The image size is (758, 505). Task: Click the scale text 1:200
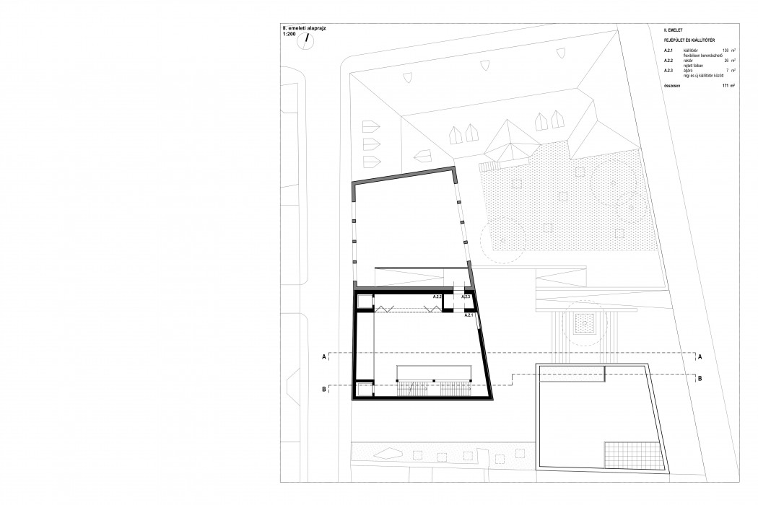click(290, 33)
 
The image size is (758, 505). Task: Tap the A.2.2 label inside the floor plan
click(437, 297)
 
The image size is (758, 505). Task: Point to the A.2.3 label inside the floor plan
click(466, 297)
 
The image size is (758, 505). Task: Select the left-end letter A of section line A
click(324, 356)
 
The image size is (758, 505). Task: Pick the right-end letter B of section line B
click(700, 377)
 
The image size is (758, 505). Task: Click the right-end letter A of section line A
click(700, 356)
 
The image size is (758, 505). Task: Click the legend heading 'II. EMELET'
click(673, 31)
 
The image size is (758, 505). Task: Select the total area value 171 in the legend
click(724, 85)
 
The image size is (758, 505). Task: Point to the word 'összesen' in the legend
click(672, 85)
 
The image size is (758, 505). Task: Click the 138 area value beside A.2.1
click(724, 49)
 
